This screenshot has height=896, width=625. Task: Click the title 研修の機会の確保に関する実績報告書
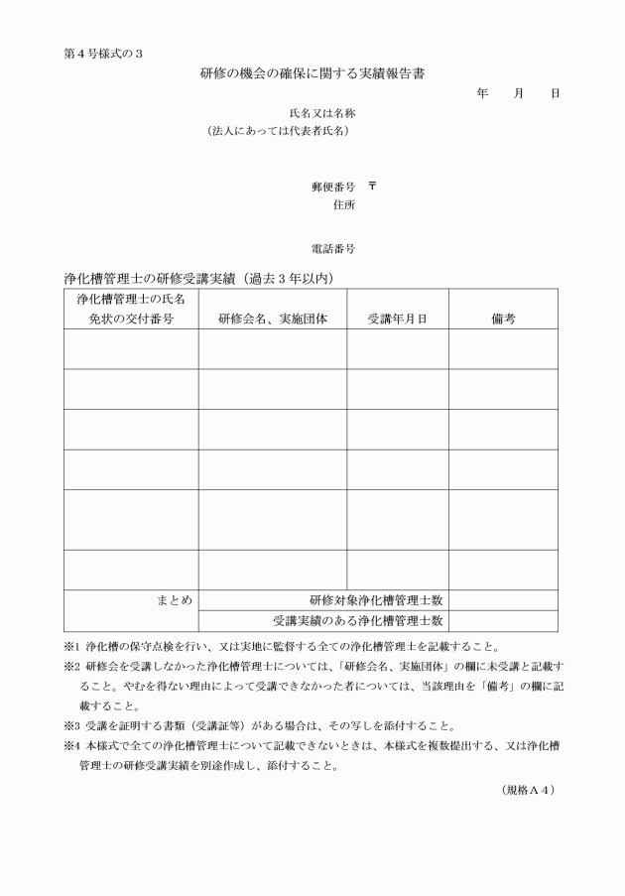coord(312,72)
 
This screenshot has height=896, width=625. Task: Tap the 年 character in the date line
coord(482,92)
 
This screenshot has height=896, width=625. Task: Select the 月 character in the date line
coord(518,92)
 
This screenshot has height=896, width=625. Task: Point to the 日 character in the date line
coord(555,92)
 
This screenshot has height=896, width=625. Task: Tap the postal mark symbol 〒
coord(372,186)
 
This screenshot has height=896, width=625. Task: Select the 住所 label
coord(345,204)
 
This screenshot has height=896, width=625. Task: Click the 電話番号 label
coord(333,248)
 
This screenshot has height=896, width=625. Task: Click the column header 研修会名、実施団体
coord(273,319)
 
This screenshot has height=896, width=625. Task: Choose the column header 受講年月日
coord(397,319)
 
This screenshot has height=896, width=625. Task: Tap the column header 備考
coord(502,319)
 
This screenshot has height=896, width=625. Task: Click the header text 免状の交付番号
coord(126,319)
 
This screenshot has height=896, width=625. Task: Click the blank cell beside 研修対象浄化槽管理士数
coord(502,600)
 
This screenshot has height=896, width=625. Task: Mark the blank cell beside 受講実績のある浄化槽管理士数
coord(502,621)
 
